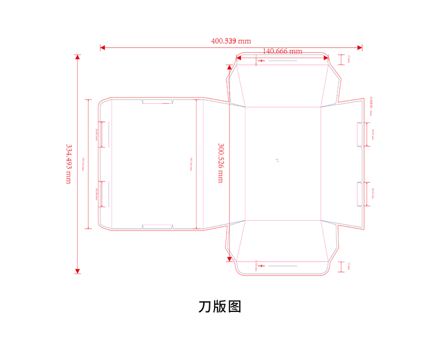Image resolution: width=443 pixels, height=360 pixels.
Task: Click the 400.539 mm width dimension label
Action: click(x=231, y=41)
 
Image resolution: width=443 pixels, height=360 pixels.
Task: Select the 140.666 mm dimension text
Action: click(x=282, y=51)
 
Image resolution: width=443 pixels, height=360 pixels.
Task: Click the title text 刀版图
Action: click(x=220, y=306)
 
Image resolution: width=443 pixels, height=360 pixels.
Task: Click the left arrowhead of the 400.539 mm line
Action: click(x=103, y=47)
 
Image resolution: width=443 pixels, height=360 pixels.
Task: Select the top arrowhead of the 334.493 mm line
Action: click(x=77, y=58)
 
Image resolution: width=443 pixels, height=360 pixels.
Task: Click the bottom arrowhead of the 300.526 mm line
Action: click(x=229, y=259)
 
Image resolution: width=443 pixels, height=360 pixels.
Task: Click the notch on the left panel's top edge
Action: click(x=158, y=101)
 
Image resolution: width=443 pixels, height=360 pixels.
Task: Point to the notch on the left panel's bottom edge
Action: click(x=158, y=226)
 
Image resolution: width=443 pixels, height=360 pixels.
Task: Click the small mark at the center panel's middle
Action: click(x=277, y=161)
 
